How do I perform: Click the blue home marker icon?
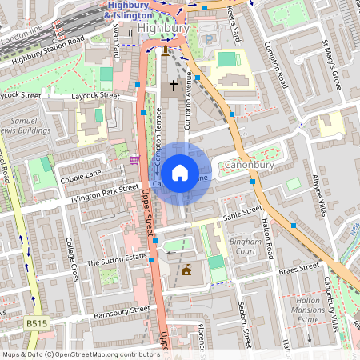[180, 172]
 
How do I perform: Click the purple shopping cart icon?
[134, 160]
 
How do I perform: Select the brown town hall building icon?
[187, 270]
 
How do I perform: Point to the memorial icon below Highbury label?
[166, 50]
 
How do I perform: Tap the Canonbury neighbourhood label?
[249, 166]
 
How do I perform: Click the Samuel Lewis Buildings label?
[27, 123]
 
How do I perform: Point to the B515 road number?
[36, 323]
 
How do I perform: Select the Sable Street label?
[243, 212]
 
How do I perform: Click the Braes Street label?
[298, 268]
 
